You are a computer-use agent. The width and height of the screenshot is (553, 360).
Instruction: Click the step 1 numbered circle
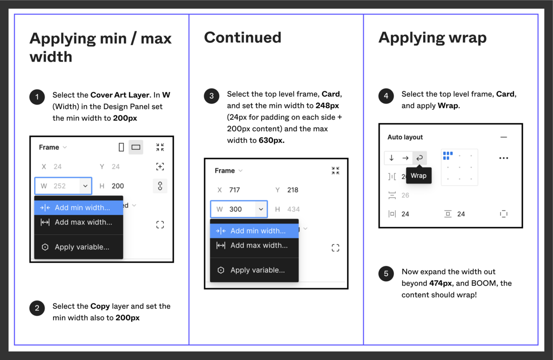pyautogui.click(x=37, y=97)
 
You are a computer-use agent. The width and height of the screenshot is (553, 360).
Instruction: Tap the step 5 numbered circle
pyautogui.click(x=386, y=273)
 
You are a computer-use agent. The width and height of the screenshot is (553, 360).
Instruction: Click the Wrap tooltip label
pyautogui.click(x=419, y=176)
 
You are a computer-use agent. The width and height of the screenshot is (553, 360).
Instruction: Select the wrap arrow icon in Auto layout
pyautogui.click(x=419, y=158)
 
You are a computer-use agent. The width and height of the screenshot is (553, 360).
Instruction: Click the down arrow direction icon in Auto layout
pyautogui.click(x=392, y=158)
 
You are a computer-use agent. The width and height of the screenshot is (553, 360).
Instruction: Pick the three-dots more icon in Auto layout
pyautogui.click(x=504, y=158)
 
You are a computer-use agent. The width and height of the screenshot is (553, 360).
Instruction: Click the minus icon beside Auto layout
pyautogui.click(x=504, y=137)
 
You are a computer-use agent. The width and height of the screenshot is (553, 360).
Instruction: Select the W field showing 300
pyautogui.click(x=239, y=209)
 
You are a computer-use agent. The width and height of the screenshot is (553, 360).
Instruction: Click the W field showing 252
pyautogui.click(x=63, y=186)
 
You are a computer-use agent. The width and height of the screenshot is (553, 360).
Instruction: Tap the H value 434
pyautogui.click(x=293, y=209)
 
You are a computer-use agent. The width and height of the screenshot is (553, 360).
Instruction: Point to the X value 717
pyautogui.click(x=234, y=190)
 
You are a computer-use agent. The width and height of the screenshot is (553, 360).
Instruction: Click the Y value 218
pyautogui.click(x=293, y=190)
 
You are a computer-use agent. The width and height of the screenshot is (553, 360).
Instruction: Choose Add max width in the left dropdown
pyautogui.click(x=78, y=222)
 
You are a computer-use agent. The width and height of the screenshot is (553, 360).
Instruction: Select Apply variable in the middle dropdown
pyautogui.click(x=254, y=270)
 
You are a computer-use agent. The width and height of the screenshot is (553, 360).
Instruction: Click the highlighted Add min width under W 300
pyautogui.click(x=254, y=231)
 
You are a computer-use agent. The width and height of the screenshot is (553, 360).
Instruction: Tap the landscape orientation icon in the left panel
pyautogui.click(x=136, y=148)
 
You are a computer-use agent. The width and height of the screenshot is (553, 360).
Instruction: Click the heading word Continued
pyautogui.click(x=243, y=37)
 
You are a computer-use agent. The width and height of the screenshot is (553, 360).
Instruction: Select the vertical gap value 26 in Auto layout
pyautogui.click(x=405, y=195)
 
